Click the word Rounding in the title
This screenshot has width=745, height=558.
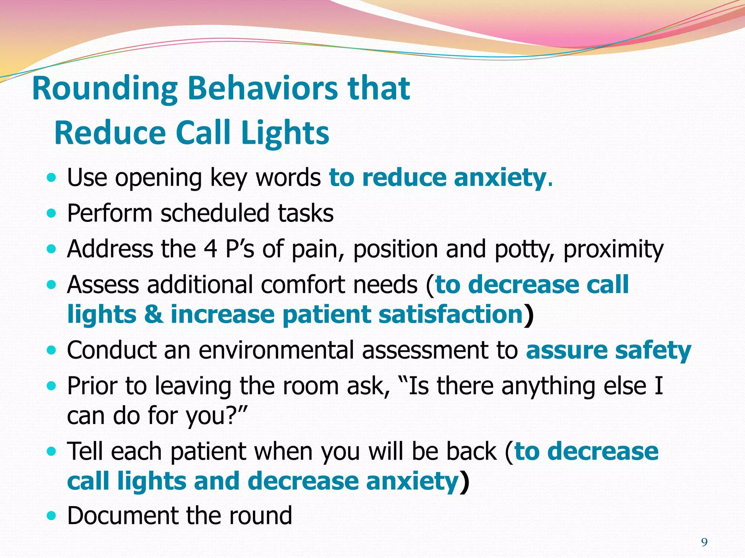[x=105, y=89]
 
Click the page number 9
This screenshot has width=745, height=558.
[x=704, y=542]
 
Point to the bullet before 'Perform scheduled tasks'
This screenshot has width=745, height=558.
[x=52, y=214]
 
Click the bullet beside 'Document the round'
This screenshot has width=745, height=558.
[x=52, y=515]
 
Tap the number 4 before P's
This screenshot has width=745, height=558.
[x=211, y=249]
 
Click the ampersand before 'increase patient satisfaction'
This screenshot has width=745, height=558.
[x=154, y=315]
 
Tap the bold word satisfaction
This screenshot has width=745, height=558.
[x=450, y=315]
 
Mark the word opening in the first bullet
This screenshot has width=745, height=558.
[x=159, y=178]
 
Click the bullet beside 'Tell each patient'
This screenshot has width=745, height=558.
[x=52, y=452]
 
